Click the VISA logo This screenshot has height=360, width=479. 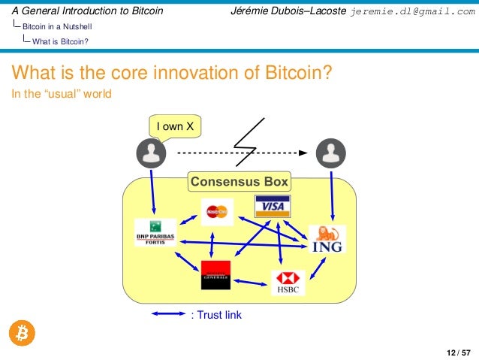(x=273, y=206)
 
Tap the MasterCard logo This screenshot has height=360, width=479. (x=217, y=213)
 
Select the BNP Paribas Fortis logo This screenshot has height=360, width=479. (x=155, y=233)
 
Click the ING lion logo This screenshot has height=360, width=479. (x=327, y=238)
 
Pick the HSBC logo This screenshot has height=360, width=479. (x=288, y=283)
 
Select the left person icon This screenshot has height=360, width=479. (x=152, y=153)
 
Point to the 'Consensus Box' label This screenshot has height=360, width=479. (x=239, y=182)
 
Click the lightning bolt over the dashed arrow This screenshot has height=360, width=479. (x=250, y=141)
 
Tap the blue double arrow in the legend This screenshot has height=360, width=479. (x=168, y=314)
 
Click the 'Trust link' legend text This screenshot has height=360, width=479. (x=218, y=315)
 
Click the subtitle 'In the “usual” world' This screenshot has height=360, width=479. (x=60, y=94)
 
